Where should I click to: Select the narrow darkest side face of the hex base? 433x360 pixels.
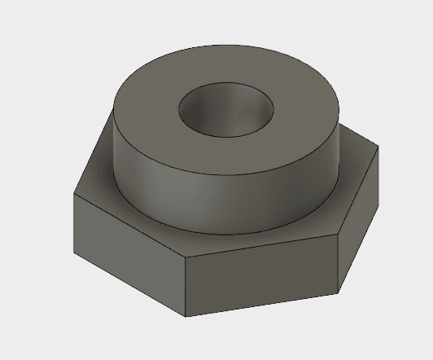[358, 220]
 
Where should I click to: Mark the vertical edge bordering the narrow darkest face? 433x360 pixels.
[339, 264]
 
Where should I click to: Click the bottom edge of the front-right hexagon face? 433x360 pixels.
[261, 304]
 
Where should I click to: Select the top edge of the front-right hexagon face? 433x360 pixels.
[261, 248]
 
